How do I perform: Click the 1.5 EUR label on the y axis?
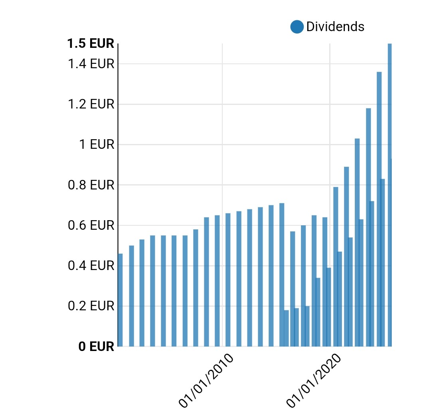click(91, 43)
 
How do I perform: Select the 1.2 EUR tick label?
click(91, 104)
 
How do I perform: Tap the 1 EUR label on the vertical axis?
click(97, 144)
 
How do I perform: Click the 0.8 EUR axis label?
click(91, 185)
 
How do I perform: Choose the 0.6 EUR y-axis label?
click(91, 226)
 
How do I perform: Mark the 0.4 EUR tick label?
click(91, 266)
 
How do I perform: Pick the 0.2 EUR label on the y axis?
click(91, 306)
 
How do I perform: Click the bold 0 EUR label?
click(97, 346)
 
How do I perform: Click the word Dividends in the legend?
click(335, 27)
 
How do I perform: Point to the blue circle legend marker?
click(297, 27)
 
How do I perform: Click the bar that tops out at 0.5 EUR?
click(131, 296)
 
